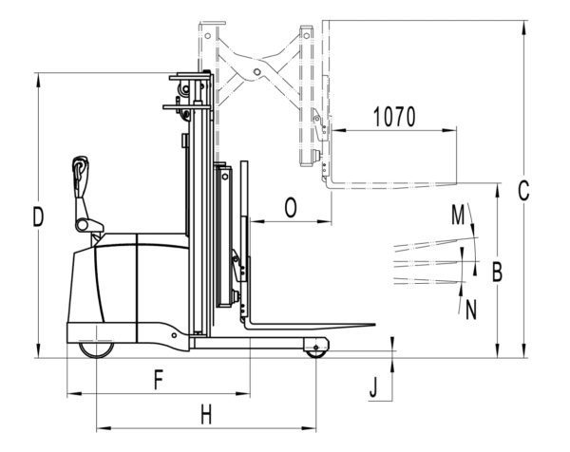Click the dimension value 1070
[x=394, y=117]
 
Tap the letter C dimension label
[x=523, y=191]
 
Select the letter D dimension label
[x=38, y=217]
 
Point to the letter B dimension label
[x=497, y=272]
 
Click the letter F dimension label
[x=158, y=380]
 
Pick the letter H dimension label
[x=206, y=415]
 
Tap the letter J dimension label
[x=373, y=387]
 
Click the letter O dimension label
[x=291, y=207]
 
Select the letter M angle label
[x=458, y=215]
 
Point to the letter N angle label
[x=471, y=310]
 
